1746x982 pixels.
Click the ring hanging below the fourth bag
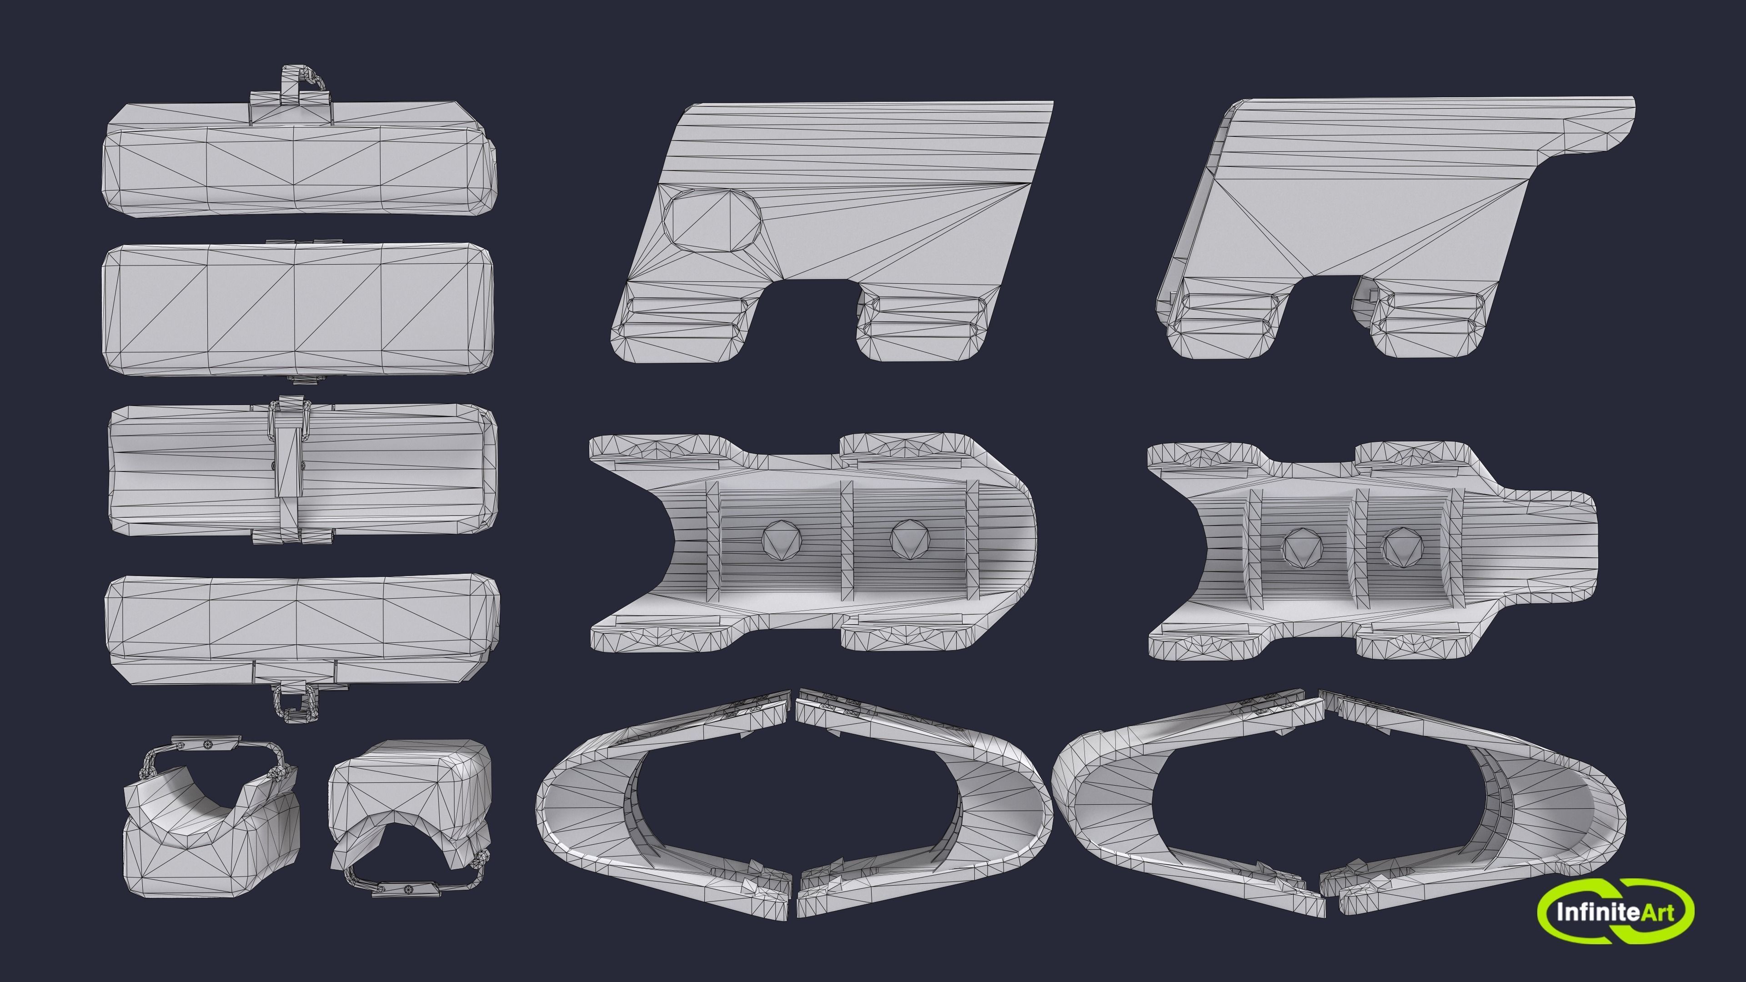(x=295, y=705)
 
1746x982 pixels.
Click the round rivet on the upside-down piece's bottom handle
(x=407, y=888)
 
